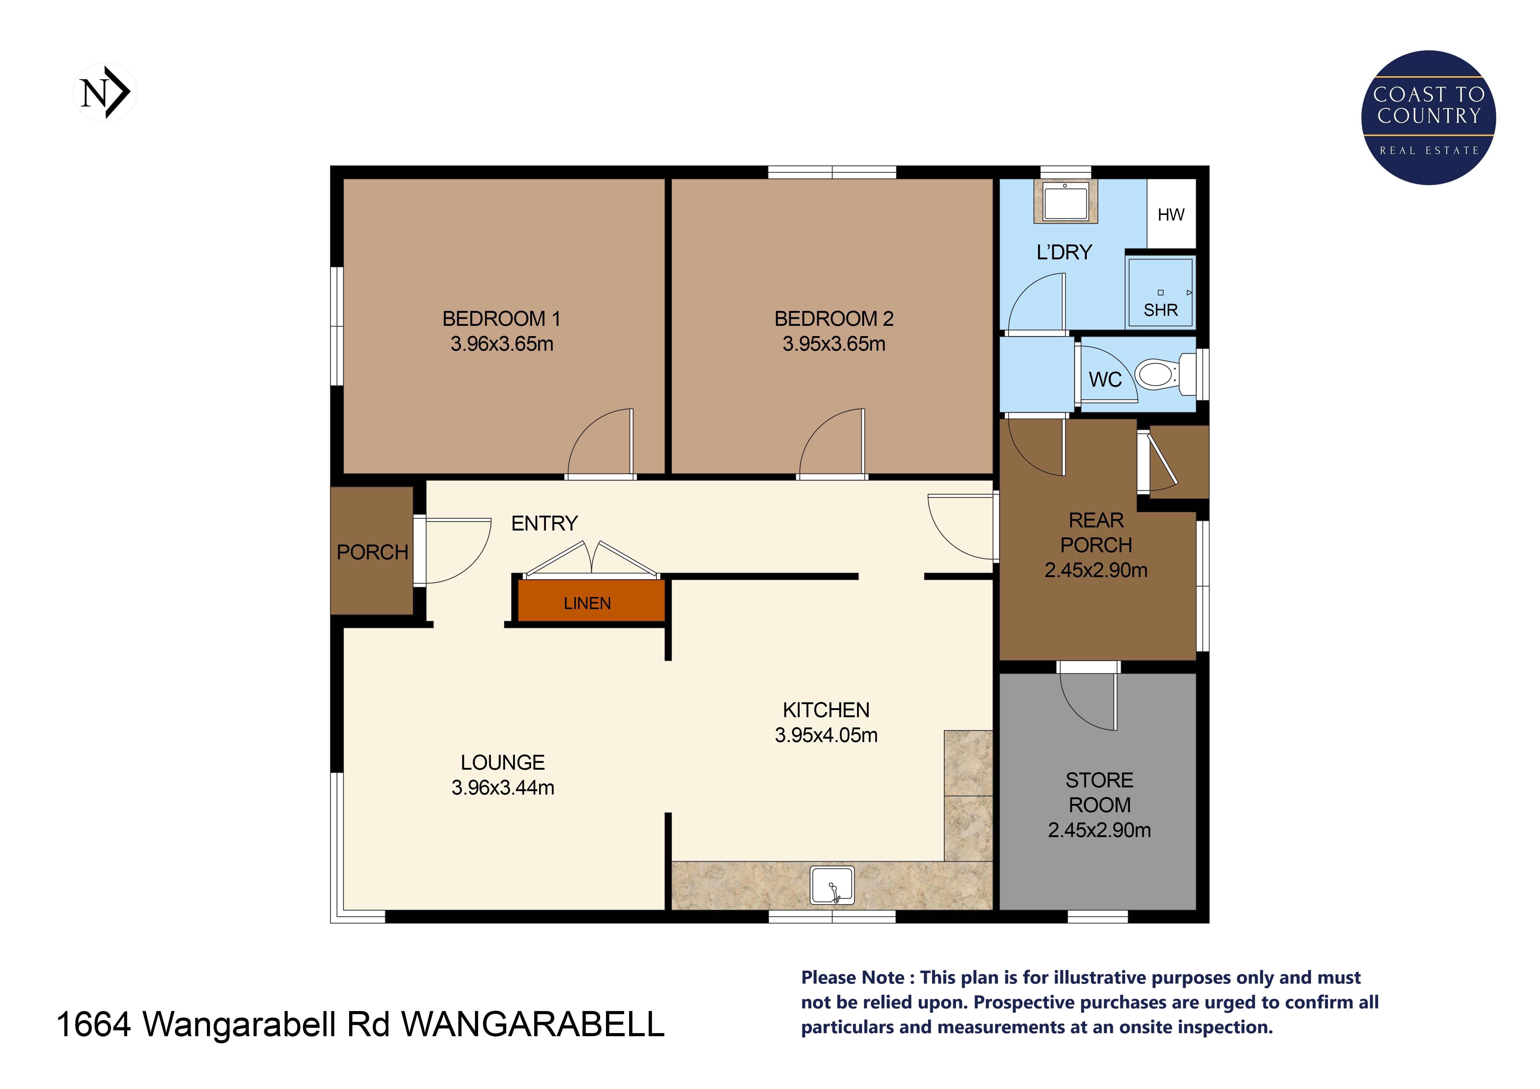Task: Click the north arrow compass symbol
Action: coord(105,93)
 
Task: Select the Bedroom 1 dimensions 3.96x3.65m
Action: coord(502,344)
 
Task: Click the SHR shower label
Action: coord(1160,310)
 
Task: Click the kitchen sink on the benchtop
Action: coord(832,885)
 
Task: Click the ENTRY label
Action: coord(544,523)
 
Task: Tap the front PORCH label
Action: coord(372,552)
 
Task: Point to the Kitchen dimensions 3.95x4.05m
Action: coord(826,735)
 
